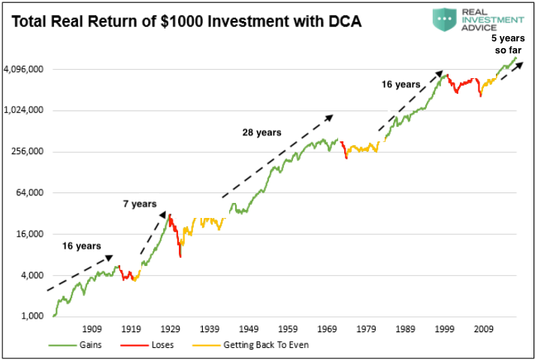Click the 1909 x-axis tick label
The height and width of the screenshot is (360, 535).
pyautogui.click(x=92, y=328)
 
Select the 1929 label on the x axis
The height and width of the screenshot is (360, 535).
pyautogui.click(x=171, y=328)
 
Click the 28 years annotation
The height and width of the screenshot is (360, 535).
pyautogui.click(x=261, y=132)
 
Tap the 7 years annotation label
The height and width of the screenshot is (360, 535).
pyautogui.click(x=139, y=204)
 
